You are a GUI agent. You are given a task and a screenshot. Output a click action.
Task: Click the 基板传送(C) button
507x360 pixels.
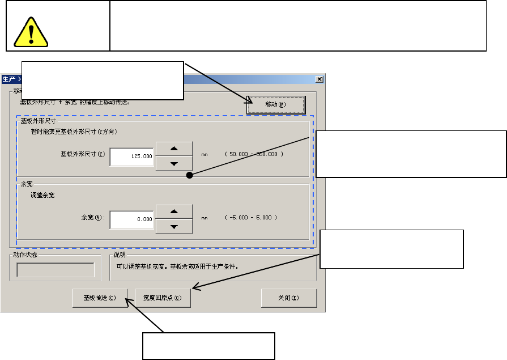100,298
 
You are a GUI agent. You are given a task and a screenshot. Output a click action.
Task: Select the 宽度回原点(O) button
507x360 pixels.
163,298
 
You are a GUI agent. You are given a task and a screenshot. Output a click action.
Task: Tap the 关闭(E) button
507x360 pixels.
289,298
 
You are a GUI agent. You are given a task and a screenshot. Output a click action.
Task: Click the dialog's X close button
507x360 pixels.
319,79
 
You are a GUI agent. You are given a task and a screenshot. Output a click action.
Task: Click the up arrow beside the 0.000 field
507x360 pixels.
174,212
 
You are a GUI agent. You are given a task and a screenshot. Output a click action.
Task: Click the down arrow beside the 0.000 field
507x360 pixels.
174,226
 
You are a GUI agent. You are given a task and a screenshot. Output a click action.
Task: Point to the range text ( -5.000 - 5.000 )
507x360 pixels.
251,218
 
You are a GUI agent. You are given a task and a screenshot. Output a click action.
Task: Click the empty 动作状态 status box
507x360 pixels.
55,270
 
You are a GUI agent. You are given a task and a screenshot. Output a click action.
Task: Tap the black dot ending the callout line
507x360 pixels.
190,176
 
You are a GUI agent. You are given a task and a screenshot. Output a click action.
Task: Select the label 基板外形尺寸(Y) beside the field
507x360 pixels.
83,154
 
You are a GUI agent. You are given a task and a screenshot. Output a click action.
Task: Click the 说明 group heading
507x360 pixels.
120,255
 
